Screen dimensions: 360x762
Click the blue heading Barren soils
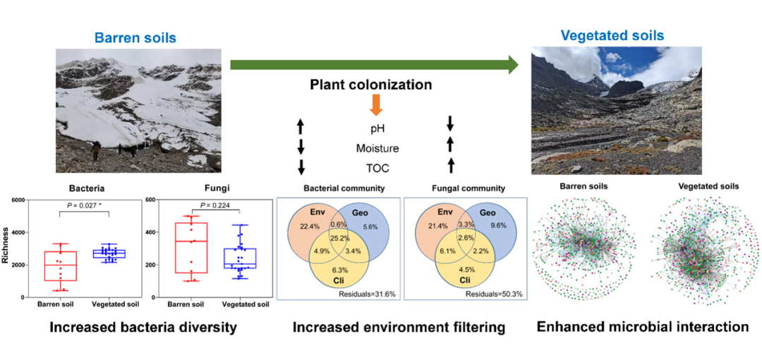pyautogui.click(x=135, y=37)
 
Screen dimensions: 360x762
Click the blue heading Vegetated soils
pyautogui.click(x=612, y=35)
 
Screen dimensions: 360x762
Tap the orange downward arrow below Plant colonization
pyautogui.click(x=375, y=104)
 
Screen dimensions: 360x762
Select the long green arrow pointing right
pyautogui.click(x=374, y=65)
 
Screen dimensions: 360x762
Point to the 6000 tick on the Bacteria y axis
pyautogui.click(x=18, y=200)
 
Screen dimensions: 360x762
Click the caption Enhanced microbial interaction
pyautogui.click(x=642, y=327)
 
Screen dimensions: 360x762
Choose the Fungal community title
pyautogui.click(x=469, y=188)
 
